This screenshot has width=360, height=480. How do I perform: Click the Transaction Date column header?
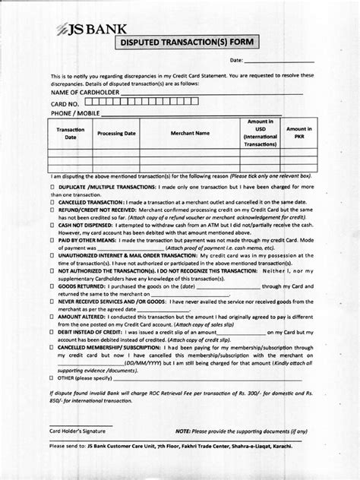pyautogui.click(x=70, y=133)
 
